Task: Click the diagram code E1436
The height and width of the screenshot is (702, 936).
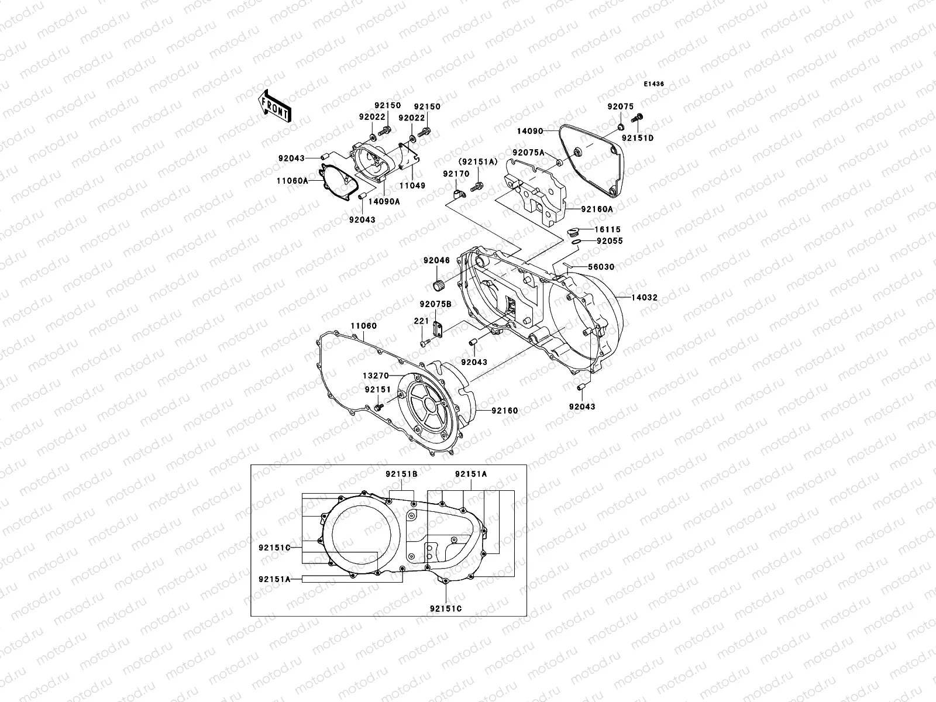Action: tap(654, 84)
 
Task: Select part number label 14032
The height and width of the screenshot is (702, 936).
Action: tap(644, 298)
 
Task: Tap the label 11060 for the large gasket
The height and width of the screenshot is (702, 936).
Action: tap(364, 326)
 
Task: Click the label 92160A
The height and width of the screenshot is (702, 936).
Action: tap(597, 209)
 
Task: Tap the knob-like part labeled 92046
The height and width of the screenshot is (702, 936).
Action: tap(439, 285)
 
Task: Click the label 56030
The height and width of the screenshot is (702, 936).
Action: tap(601, 267)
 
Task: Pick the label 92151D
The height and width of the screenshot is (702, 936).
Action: tap(638, 139)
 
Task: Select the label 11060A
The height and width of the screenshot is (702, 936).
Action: tap(292, 181)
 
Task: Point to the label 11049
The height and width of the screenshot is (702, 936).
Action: tap(412, 186)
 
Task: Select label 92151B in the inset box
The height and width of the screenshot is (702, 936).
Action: tap(401, 474)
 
